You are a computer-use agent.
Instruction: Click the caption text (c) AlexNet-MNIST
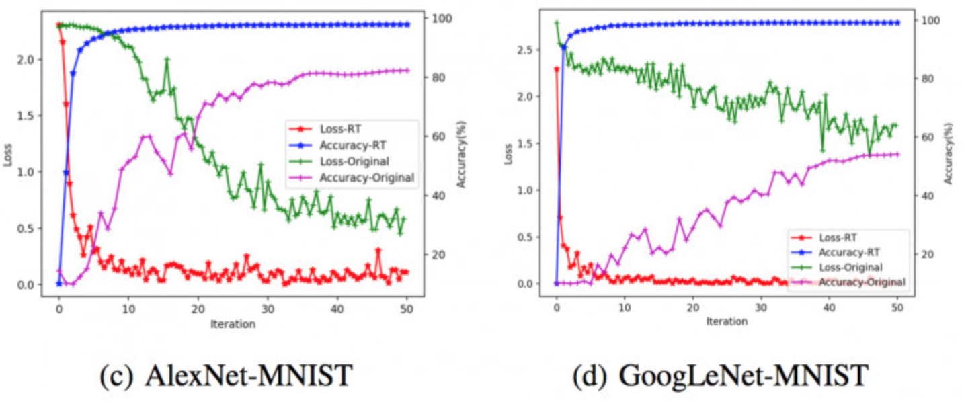[225, 375]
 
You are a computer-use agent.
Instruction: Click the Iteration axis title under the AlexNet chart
[233, 324]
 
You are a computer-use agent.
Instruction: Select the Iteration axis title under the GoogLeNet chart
[726, 321]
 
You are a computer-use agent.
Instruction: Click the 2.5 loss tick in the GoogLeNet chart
[526, 50]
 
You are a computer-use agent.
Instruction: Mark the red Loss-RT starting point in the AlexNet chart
[58, 25]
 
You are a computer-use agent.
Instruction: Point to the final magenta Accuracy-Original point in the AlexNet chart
[407, 70]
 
